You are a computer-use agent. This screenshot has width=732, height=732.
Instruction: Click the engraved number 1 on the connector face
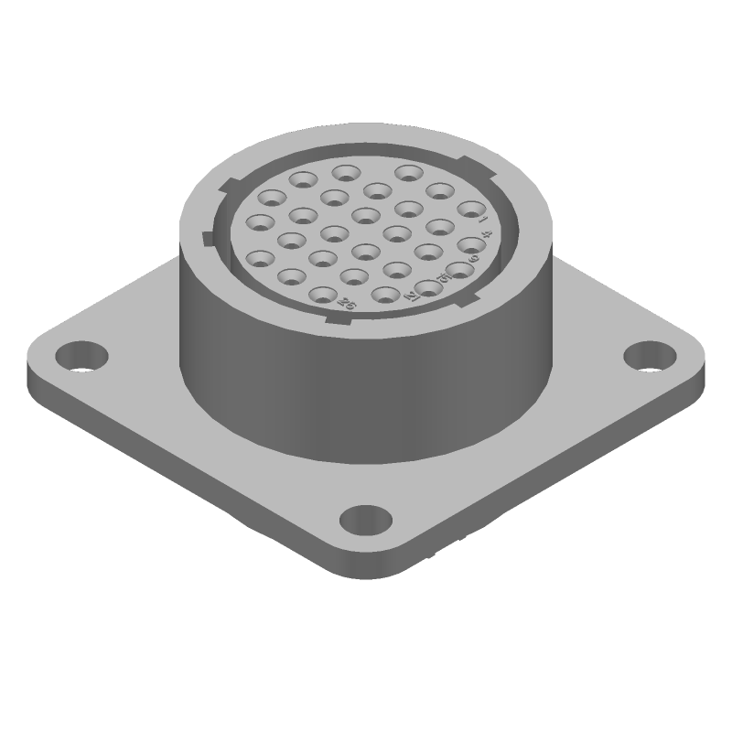click(x=483, y=219)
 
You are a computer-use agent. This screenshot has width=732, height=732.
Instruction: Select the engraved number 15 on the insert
click(x=444, y=278)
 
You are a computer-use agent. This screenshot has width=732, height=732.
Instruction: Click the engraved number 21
click(x=412, y=296)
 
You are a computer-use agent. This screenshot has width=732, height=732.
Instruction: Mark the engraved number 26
click(x=346, y=303)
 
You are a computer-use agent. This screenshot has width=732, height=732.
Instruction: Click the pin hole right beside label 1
click(x=471, y=210)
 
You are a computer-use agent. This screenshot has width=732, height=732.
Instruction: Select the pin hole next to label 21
click(x=428, y=288)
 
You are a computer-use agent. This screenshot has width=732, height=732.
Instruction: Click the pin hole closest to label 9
click(x=471, y=246)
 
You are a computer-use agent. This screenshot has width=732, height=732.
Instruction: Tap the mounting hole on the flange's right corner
click(x=649, y=354)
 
